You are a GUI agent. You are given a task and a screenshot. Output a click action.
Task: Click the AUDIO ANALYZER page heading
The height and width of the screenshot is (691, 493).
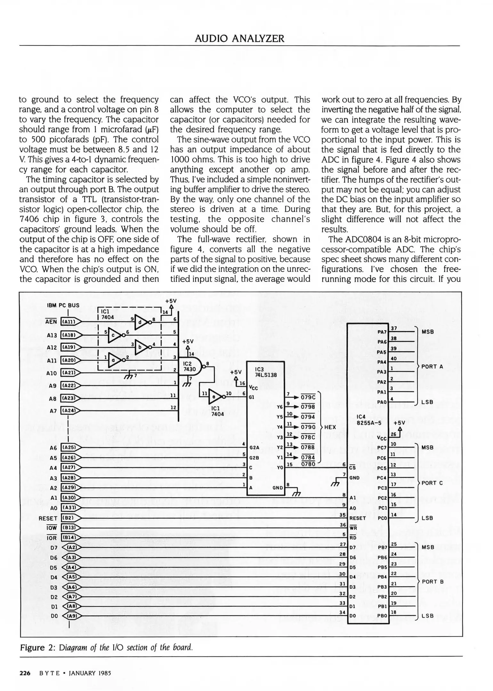coord(239,39)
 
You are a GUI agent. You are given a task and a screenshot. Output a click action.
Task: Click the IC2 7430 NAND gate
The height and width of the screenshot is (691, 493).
coord(192,366)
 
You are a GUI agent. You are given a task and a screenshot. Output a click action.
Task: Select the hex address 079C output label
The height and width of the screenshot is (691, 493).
coord(308,397)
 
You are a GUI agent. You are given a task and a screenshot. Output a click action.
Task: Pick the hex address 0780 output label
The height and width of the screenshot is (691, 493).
coord(308,464)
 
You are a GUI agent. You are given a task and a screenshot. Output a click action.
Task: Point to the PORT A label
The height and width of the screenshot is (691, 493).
coord(432,367)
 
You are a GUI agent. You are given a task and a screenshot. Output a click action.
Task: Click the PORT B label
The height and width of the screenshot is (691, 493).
coord(432,582)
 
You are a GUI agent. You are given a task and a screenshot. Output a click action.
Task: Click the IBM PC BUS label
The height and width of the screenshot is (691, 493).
coord(63,305)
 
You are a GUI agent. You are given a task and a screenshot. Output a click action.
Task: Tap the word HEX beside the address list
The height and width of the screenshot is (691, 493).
coord(330,427)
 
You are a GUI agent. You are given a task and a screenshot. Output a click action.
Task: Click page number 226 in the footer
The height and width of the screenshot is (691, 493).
coord(25,673)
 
